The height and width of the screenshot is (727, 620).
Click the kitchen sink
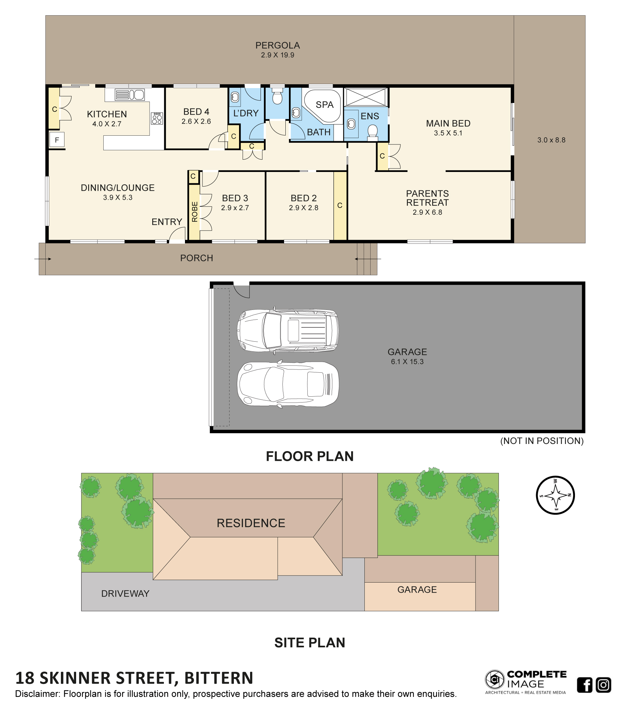coord(130,95)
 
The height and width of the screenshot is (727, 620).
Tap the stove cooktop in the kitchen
coord(157,118)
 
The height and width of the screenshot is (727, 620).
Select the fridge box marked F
coord(57,140)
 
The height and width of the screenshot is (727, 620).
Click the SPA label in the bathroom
coord(324,105)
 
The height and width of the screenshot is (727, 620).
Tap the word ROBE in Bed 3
coord(195,211)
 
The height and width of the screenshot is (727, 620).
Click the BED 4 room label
coord(196,112)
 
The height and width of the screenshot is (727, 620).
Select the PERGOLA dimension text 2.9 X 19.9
coord(278,55)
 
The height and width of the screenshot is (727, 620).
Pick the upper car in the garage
coord(288,331)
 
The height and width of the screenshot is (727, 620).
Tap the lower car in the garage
coord(288,384)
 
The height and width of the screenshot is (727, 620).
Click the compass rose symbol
coord(555,495)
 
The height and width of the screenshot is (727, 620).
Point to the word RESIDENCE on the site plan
coord(251,523)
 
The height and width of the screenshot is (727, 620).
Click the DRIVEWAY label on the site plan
coord(125,593)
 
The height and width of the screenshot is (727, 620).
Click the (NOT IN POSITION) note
coord(542,441)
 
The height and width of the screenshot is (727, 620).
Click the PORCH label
coord(197,258)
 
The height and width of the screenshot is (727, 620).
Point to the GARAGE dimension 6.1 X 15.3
coord(407,362)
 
